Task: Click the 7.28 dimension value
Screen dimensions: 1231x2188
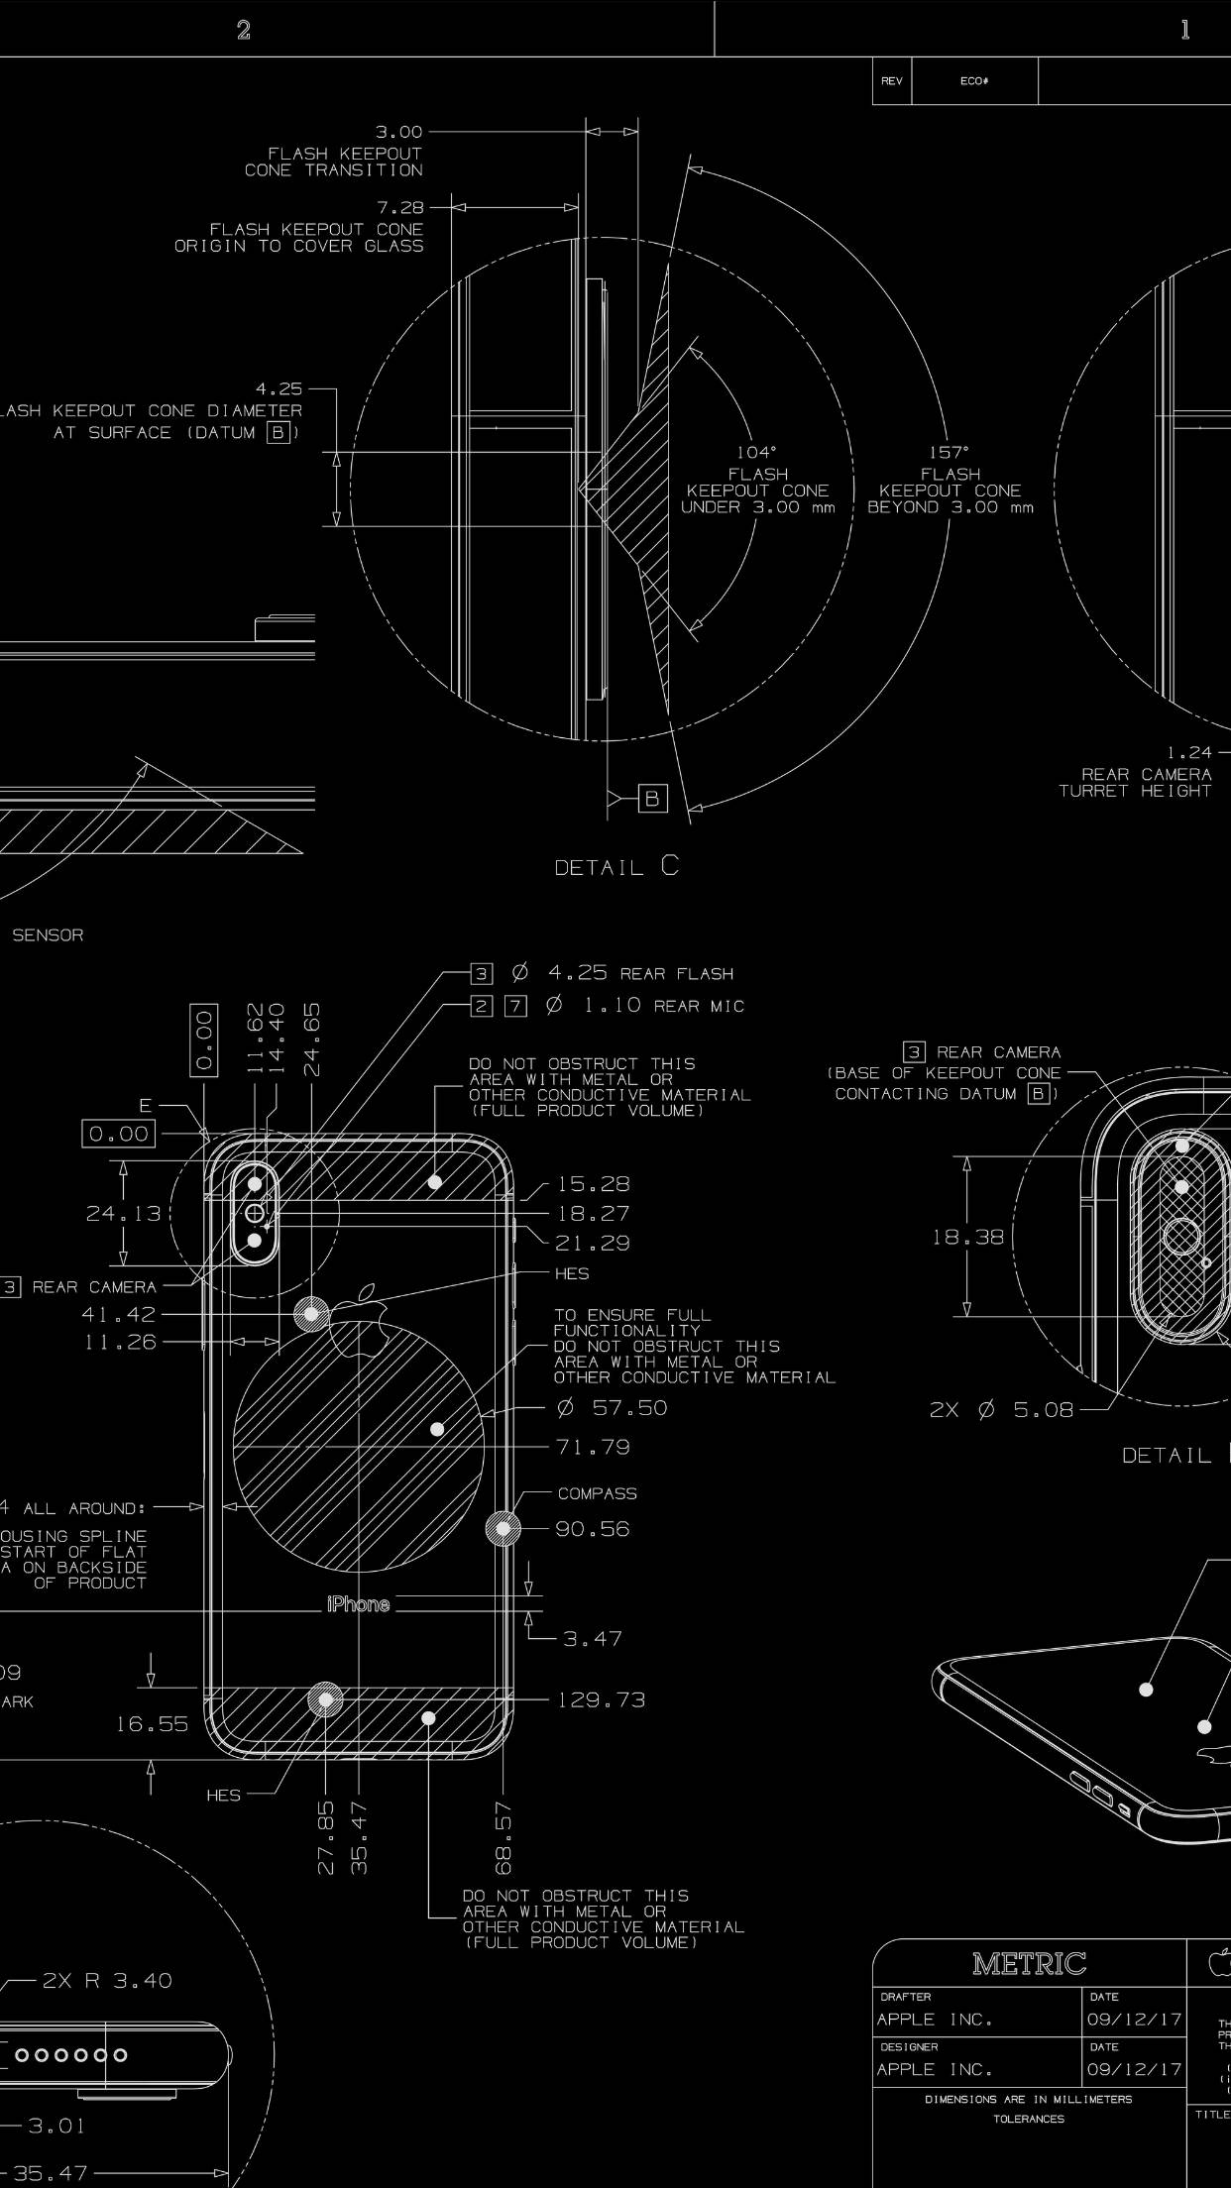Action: (399, 208)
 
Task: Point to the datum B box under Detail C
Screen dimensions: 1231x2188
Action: (652, 799)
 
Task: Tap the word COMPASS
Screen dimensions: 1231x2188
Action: (597, 1493)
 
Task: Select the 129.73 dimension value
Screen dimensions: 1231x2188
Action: (601, 1700)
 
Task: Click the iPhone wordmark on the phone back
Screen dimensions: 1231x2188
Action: (358, 1604)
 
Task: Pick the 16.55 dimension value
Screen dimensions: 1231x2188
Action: (152, 1724)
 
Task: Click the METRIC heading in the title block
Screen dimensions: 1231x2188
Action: (1029, 1963)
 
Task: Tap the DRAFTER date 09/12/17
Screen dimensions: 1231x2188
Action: (1134, 2020)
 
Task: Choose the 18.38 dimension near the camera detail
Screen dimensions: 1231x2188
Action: (967, 1237)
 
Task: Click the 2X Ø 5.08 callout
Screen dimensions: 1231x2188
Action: (1001, 1410)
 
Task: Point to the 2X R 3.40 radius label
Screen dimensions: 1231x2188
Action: (107, 1981)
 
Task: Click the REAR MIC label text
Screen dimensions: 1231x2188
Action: (699, 1007)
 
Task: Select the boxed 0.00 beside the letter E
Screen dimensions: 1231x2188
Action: (119, 1134)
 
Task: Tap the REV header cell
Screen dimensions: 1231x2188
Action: (891, 81)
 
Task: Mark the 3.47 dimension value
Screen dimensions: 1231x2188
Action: (593, 1639)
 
